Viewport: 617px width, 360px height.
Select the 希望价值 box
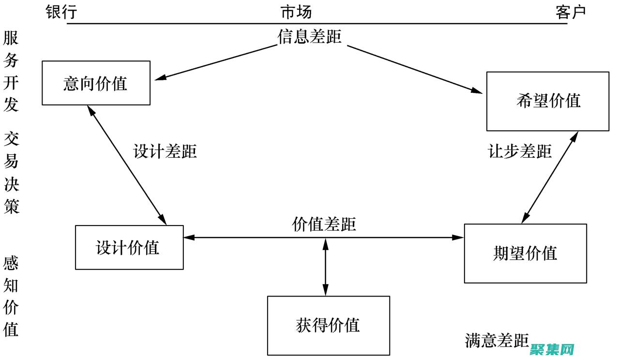coord(547,101)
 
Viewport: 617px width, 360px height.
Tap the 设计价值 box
coord(129,247)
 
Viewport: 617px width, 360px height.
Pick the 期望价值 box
coord(525,253)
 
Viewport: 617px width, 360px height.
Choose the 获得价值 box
coord(328,325)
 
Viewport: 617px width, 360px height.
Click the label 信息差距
coord(310,37)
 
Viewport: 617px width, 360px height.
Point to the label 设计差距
coord(165,151)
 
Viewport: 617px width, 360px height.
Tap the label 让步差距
coord(519,151)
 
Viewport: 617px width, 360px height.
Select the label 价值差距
coord(324,225)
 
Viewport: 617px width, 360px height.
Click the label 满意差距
coord(497,341)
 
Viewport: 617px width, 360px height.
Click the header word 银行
coord(61,12)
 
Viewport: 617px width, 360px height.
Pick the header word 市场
coord(296,12)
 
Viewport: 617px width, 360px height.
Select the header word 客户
coord(571,12)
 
